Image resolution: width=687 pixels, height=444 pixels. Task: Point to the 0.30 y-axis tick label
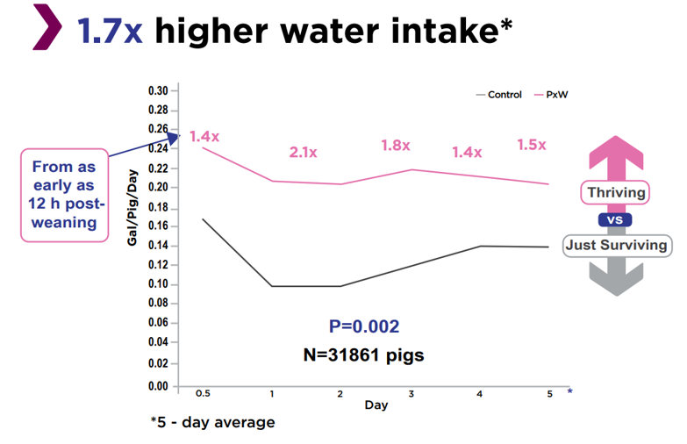coord(157,91)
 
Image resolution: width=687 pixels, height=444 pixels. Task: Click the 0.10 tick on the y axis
coord(157,284)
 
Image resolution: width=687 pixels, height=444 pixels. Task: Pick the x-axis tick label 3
coord(411,394)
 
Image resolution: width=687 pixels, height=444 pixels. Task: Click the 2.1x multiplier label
coord(303,152)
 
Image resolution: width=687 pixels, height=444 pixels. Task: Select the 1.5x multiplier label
coord(532,145)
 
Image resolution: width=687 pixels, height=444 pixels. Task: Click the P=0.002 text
coord(364,326)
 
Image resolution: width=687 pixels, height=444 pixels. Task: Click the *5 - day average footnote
coord(212,423)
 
